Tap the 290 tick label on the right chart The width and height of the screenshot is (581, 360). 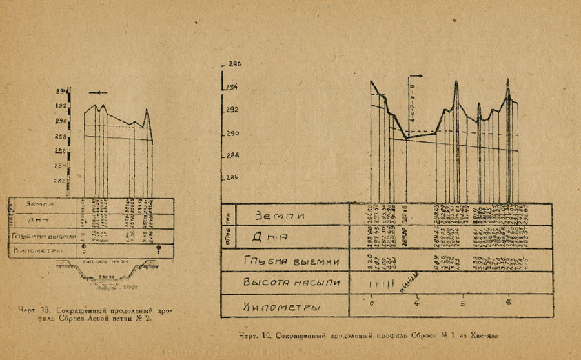pyautogui.click(x=231, y=133)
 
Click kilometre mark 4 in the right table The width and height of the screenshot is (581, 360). pyautogui.click(x=417, y=302)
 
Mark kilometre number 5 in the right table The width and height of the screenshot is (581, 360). pyautogui.click(x=463, y=302)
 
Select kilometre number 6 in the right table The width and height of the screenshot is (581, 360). pyautogui.click(x=509, y=302)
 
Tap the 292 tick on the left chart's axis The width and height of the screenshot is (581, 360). pyautogui.click(x=61, y=106)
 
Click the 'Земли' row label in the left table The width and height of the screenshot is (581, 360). pyautogui.click(x=40, y=204)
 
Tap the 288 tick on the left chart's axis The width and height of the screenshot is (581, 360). pyautogui.click(x=61, y=136)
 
